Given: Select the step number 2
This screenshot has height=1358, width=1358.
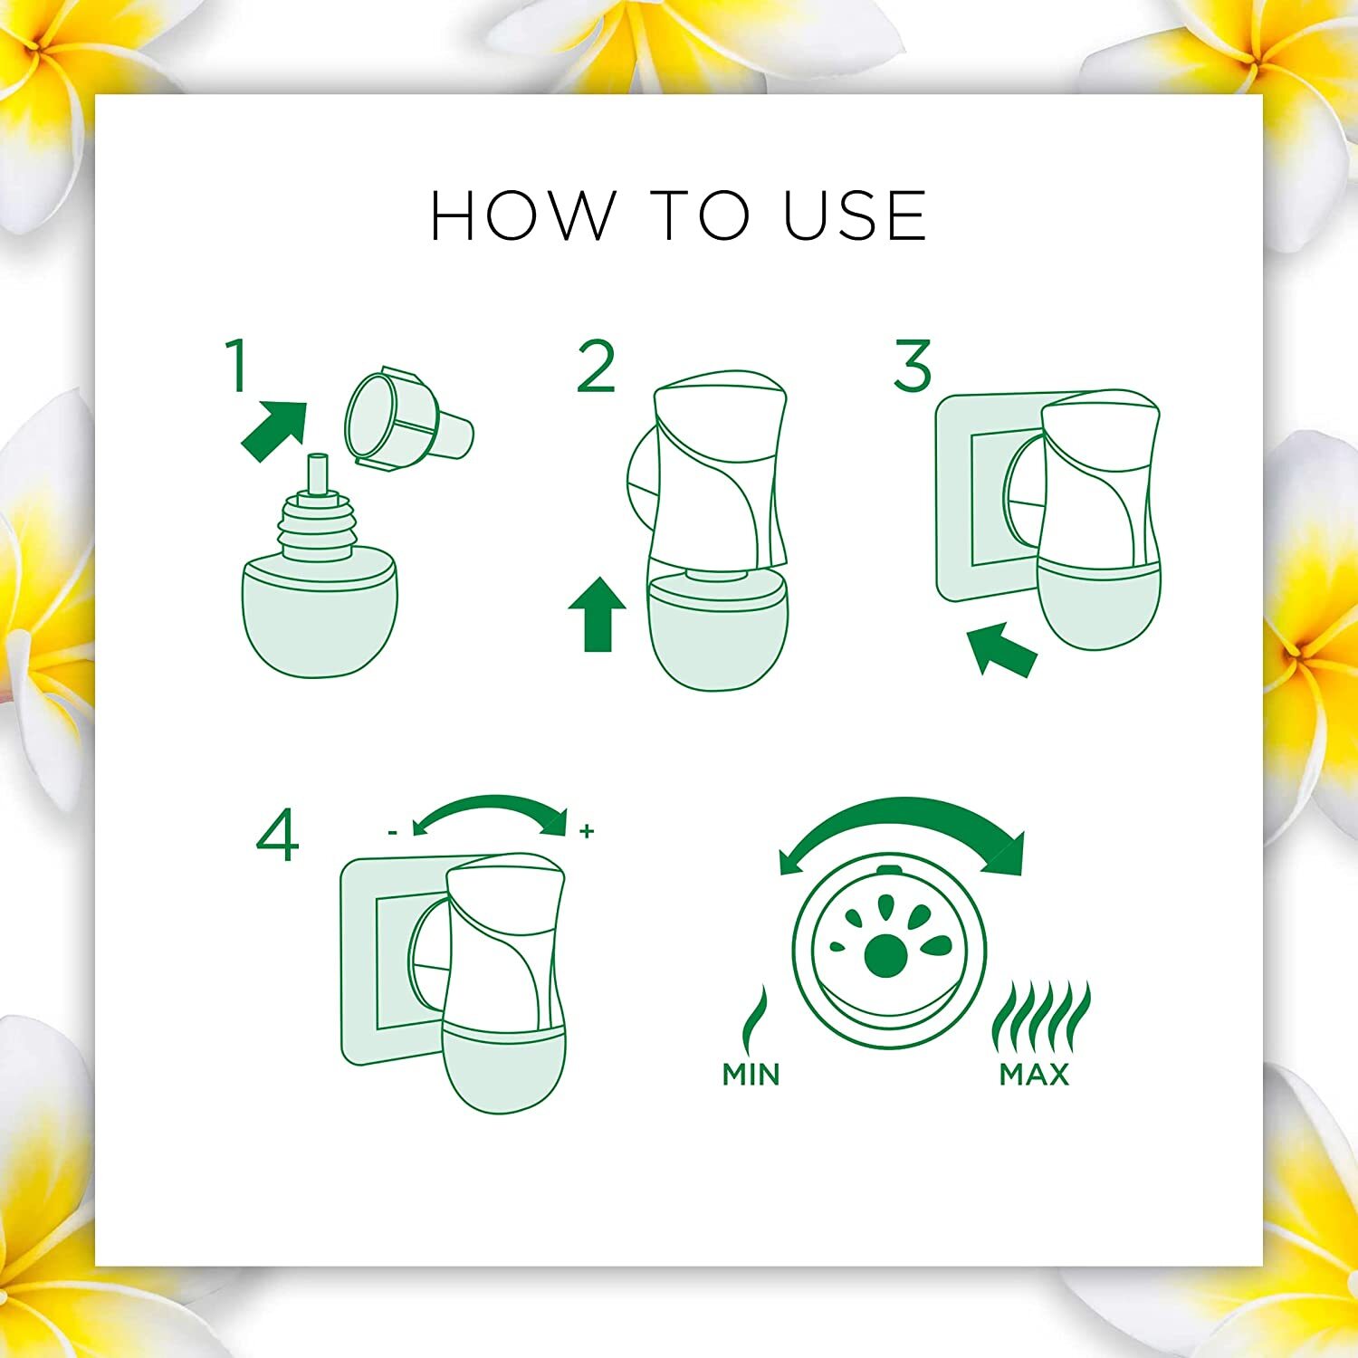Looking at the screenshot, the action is click(x=597, y=366).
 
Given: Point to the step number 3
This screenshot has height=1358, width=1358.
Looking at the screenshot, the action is click(x=912, y=366).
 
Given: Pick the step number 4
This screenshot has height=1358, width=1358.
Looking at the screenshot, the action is click(x=278, y=836).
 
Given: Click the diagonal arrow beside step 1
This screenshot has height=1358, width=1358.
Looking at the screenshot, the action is click(x=274, y=431).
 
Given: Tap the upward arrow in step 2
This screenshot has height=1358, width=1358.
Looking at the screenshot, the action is click(x=598, y=615).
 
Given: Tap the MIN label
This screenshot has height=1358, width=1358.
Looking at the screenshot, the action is click(x=751, y=1074).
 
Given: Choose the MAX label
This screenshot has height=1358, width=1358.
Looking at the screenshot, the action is click(x=1034, y=1074).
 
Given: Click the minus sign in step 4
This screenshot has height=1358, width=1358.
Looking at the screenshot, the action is click(x=392, y=831).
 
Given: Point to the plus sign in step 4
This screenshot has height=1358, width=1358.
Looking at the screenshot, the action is click(x=587, y=830).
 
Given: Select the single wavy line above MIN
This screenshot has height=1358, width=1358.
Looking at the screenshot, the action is click(x=753, y=1018).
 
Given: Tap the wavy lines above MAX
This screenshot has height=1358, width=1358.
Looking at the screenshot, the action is click(x=1041, y=1015).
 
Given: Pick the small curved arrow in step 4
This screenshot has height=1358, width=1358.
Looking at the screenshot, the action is click(x=490, y=802).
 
